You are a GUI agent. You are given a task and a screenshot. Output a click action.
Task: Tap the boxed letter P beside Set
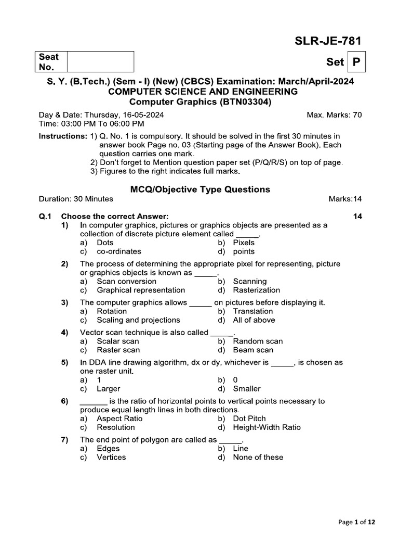click(356, 62)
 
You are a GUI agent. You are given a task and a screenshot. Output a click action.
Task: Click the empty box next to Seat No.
click(100, 61)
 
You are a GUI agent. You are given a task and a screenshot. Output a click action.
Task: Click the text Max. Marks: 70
click(335, 115)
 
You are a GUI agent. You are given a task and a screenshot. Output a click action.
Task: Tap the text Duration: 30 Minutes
click(76, 199)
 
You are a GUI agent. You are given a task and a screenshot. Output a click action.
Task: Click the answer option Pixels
click(244, 243)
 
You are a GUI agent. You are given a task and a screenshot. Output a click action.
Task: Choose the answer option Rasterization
click(256, 290)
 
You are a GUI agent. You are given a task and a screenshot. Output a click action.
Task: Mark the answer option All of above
click(254, 320)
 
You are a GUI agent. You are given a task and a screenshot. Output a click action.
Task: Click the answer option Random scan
click(258, 341)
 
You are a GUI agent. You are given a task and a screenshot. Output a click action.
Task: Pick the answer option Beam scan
click(253, 350)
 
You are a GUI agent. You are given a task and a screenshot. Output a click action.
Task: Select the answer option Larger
click(108, 389)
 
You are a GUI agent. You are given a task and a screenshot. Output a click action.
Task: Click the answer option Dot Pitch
click(249, 418)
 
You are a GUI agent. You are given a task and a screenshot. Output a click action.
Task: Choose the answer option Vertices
click(111, 458)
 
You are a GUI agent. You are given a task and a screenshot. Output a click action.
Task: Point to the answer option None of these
click(258, 458)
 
